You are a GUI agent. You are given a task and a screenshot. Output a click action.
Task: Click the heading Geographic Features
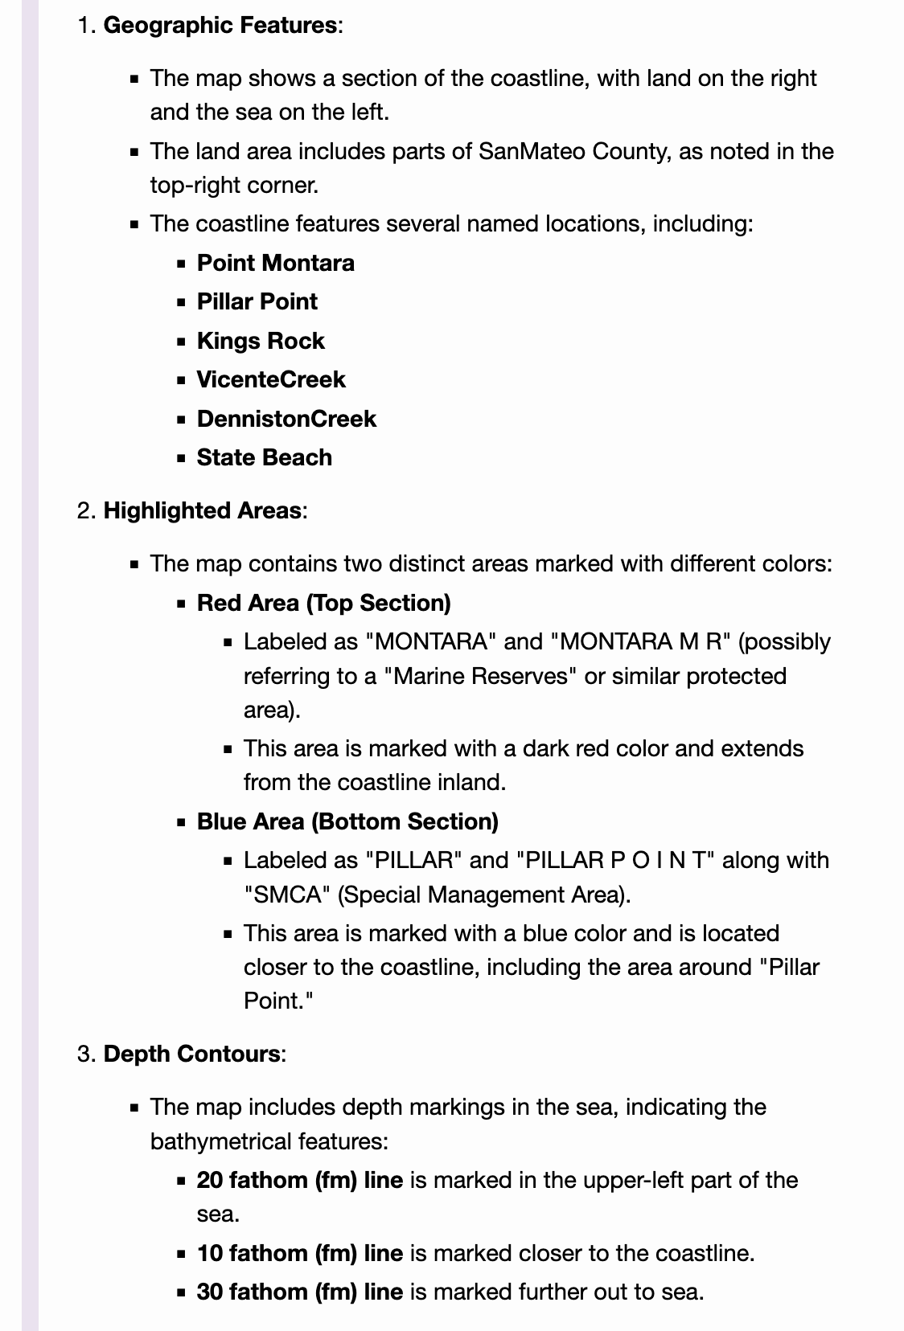point(220,25)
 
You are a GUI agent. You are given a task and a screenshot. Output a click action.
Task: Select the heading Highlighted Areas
point(202,510)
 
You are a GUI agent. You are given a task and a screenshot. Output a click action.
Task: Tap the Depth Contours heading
point(191,1054)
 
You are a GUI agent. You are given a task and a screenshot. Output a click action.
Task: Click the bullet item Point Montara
point(275,263)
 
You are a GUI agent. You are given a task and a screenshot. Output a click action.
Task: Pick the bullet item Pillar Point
point(257,301)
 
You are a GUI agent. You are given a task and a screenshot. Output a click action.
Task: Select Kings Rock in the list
point(261,341)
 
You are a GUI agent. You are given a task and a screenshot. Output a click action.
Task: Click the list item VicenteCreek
point(271,379)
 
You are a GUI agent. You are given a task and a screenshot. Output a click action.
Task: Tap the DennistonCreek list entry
point(286,419)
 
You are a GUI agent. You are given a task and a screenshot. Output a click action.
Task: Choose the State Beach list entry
point(264,457)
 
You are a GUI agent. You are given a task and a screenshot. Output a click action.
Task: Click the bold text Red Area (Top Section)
point(323,603)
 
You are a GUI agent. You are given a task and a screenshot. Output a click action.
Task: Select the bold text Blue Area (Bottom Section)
point(347,821)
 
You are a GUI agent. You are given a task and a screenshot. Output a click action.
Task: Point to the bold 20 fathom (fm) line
point(299,1180)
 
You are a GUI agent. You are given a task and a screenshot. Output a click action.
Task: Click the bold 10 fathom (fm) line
point(299,1253)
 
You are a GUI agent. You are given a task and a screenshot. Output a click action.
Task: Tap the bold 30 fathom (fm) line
point(299,1292)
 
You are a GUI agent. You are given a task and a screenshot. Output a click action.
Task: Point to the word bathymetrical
point(220,1141)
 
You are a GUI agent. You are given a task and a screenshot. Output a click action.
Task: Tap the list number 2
point(85,510)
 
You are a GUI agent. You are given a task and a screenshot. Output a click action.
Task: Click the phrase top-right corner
point(233,185)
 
